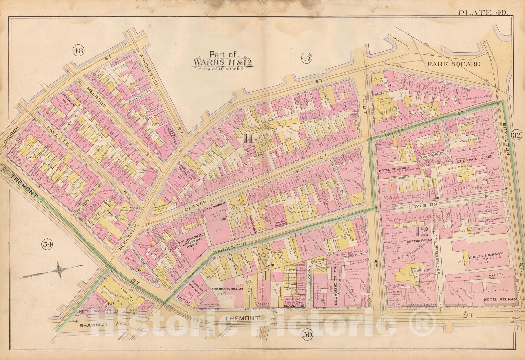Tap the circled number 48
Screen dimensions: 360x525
click(x=79, y=51)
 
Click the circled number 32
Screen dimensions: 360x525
click(x=516, y=136)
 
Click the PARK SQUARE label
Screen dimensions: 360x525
click(x=454, y=65)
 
